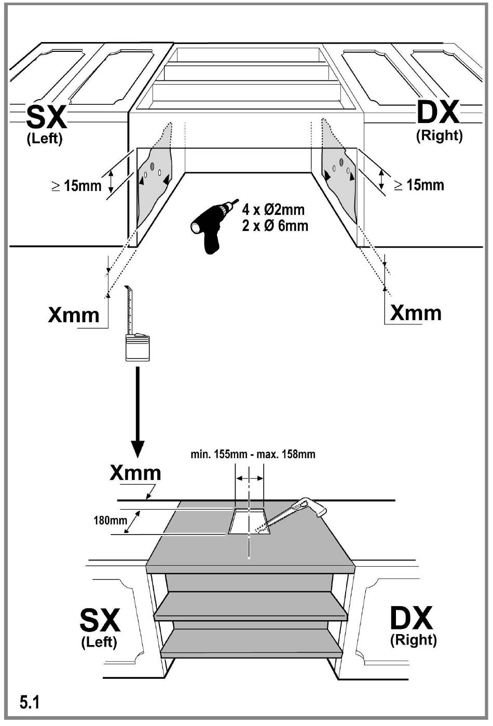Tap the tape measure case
click(138, 348)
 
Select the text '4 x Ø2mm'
click(273, 210)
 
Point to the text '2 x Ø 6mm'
click(275, 226)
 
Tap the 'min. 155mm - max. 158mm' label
click(253, 454)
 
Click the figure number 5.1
click(29, 703)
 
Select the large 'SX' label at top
click(46, 117)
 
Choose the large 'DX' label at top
click(438, 112)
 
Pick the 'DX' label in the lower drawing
click(412, 618)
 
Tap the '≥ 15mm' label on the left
click(76, 186)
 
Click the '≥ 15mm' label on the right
click(419, 185)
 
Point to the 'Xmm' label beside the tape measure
click(74, 315)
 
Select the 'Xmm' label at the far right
click(416, 313)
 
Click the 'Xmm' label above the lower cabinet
click(135, 473)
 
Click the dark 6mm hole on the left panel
click(153, 167)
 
